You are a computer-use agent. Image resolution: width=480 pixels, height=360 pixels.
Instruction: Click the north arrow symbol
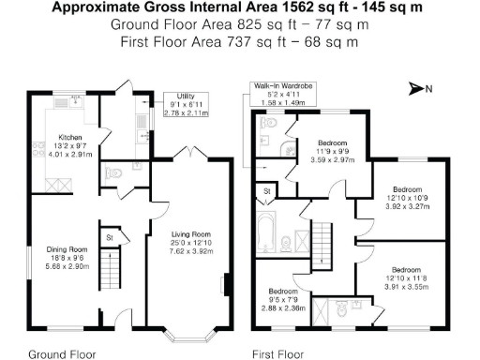(x=419, y=89)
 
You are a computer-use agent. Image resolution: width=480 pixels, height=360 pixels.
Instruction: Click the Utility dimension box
(x=185, y=104)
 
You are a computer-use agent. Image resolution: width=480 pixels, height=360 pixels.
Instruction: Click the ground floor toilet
(x=113, y=172)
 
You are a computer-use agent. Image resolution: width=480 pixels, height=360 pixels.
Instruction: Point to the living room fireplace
(x=223, y=283)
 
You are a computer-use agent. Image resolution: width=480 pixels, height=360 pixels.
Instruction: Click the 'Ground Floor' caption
(x=62, y=354)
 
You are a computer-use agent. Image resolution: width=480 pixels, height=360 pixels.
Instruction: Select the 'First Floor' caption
(x=277, y=354)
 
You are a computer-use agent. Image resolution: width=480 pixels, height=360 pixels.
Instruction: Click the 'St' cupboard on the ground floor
(x=110, y=236)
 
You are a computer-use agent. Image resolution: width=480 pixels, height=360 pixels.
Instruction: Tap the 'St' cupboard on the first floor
(x=267, y=191)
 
